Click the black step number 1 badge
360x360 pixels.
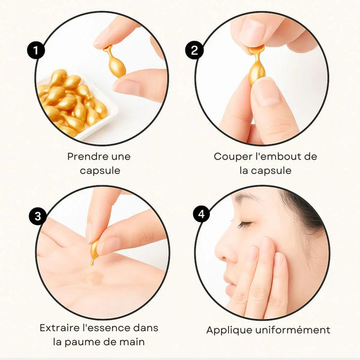[36, 50]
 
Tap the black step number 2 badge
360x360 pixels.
[194, 50]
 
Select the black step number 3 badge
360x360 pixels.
[38, 216]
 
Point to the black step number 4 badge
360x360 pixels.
[202, 214]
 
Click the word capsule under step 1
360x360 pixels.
[100, 171]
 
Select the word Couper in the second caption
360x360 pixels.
[233, 157]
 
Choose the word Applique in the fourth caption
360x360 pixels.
[229, 331]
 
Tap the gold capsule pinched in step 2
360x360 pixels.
[257, 65]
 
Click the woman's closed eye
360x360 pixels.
[245, 224]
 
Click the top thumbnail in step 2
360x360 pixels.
[253, 32]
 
